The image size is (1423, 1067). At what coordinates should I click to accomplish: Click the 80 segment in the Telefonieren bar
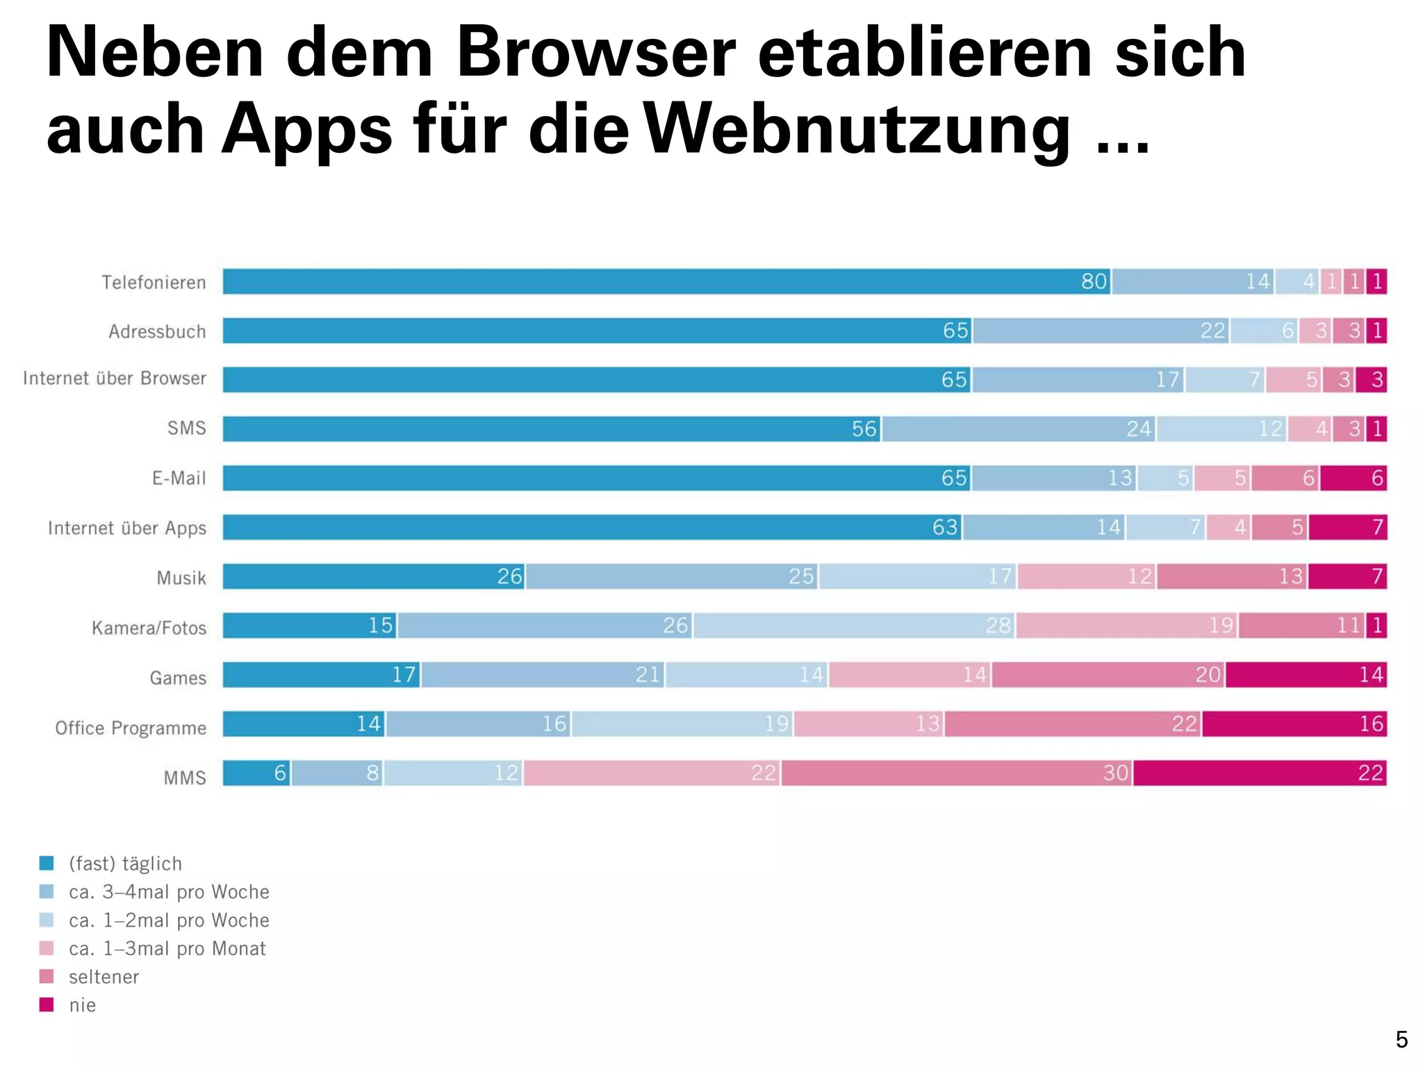tap(666, 281)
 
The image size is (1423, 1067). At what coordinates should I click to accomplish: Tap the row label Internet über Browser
tap(115, 379)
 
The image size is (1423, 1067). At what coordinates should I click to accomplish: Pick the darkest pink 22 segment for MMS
tap(1259, 773)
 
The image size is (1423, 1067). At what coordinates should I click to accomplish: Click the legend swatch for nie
tap(47, 1004)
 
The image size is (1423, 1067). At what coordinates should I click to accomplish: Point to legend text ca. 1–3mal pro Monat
tap(167, 948)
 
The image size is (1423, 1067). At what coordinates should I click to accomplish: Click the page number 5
tap(1401, 1040)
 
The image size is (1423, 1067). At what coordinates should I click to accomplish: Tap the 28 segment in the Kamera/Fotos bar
tap(854, 625)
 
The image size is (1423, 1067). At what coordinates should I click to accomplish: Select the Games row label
tap(178, 677)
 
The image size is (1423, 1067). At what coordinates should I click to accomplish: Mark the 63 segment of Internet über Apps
tap(592, 527)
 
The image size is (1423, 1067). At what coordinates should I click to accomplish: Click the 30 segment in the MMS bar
tap(957, 773)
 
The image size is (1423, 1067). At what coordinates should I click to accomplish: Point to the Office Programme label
tap(131, 727)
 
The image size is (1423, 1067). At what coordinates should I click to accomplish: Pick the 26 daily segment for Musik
tap(373, 577)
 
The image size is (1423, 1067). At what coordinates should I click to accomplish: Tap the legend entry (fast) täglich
tap(125, 863)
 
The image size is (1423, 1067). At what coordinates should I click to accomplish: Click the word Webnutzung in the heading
tap(857, 129)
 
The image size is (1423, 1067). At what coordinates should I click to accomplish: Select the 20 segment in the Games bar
tap(1108, 675)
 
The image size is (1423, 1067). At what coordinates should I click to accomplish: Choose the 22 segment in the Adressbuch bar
tap(1101, 331)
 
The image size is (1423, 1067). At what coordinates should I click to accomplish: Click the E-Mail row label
tap(179, 478)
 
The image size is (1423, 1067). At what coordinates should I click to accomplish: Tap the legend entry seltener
tap(104, 977)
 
